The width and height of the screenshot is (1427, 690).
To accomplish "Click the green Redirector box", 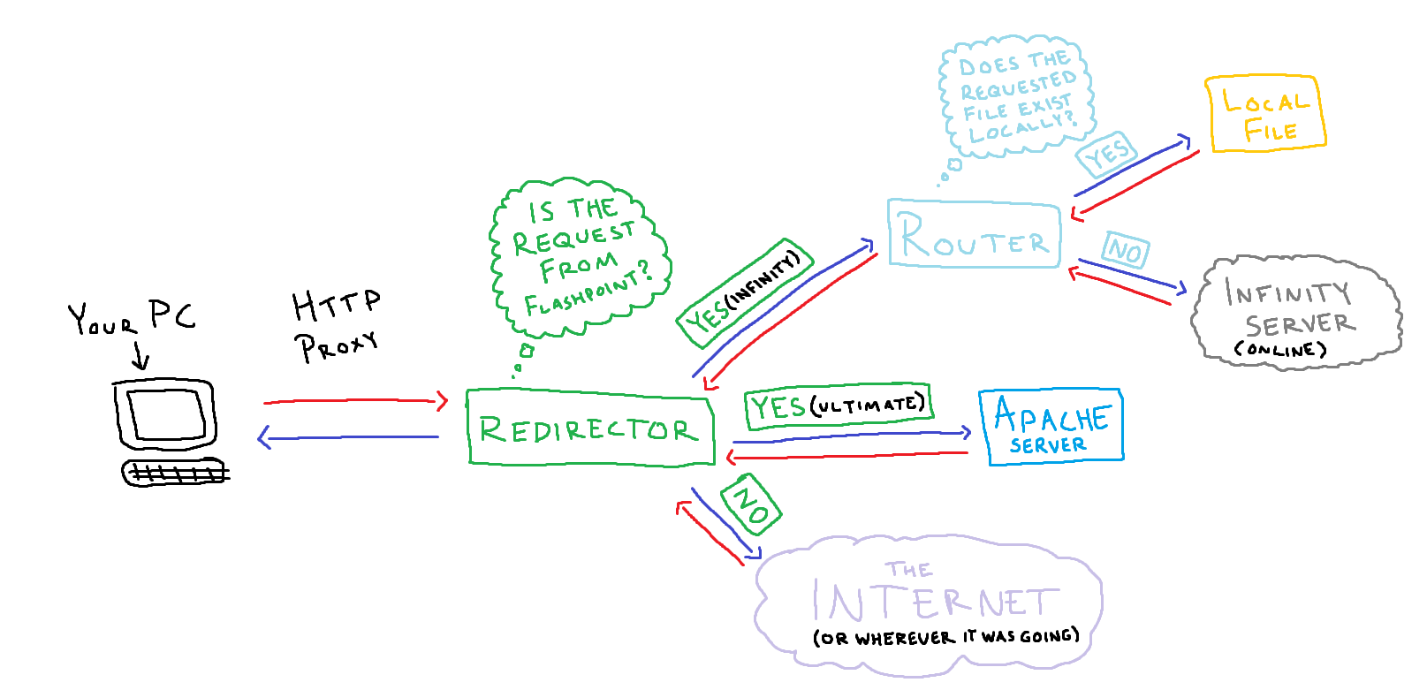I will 589,428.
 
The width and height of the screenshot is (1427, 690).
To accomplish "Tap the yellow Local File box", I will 1265,114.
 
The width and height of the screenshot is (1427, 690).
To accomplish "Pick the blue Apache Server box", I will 1051,427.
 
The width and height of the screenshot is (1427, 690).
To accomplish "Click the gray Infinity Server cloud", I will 1295,309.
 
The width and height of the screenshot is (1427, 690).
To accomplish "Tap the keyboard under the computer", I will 174,474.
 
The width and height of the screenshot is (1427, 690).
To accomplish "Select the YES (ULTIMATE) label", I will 838,406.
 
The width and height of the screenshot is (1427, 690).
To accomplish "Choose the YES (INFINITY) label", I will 743,292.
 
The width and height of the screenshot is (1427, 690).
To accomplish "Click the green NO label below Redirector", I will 751,504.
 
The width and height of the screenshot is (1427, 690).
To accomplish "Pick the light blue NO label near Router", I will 1126,250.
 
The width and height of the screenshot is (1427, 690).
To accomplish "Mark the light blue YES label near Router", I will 1106,155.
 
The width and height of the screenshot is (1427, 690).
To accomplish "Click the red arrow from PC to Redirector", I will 353,401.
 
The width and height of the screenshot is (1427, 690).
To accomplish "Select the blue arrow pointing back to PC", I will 349,436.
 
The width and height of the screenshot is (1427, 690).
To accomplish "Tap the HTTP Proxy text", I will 336,325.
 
